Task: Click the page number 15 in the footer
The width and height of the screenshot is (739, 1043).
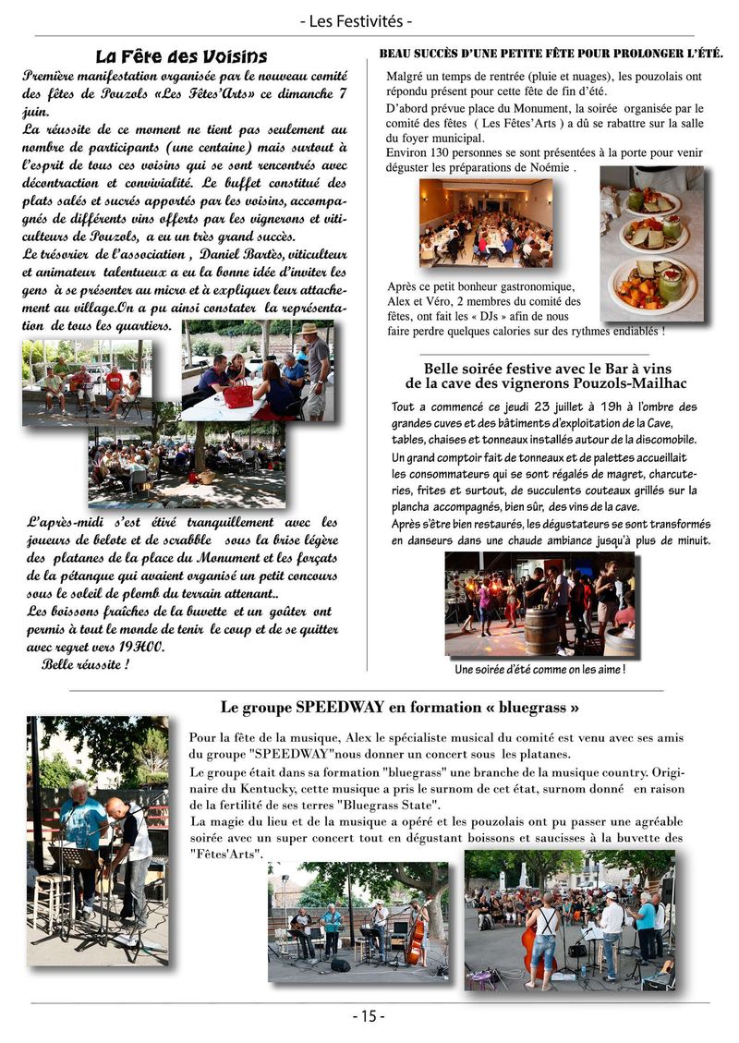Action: [369, 1016]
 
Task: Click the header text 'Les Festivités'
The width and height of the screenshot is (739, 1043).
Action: [369, 20]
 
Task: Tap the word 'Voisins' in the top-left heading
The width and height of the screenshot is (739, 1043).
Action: [234, 57]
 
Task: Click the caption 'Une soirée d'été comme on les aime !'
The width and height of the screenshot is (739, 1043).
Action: [540, 669]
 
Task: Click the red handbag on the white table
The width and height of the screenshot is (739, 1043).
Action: [238, 396]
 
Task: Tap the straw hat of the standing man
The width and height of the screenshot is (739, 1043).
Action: [309, 328]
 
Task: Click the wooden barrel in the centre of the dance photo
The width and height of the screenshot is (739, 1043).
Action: [540, 630]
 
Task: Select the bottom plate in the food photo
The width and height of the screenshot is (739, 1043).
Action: [652, 284]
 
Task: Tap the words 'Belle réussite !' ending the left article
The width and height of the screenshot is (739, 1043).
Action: [85, 663]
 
